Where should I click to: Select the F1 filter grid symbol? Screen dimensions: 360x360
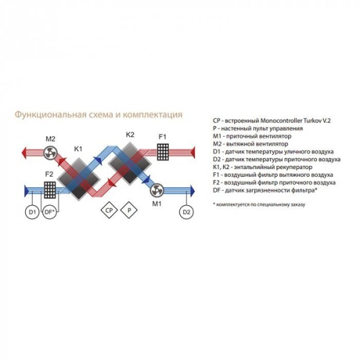[x=163, y=152]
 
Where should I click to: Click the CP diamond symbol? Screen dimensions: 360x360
[x=109, y=211]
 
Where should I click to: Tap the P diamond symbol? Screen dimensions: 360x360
[x=129, y=211]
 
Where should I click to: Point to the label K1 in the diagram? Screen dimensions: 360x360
[x=78, y=148]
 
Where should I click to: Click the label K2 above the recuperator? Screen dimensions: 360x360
[x=130, y=134]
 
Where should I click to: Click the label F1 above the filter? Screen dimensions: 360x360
[x=162, y=137]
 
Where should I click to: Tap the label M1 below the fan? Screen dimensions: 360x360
[x=157, y=204]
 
